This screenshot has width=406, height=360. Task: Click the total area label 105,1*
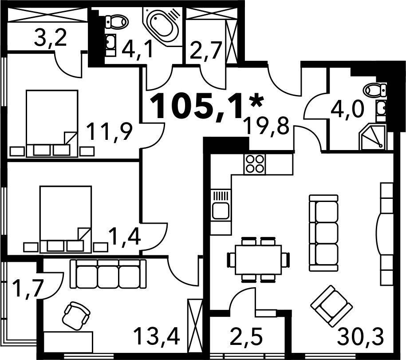207,107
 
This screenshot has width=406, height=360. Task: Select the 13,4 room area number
157,336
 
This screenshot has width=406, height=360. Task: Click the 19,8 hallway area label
267,126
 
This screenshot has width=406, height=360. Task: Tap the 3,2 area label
50,38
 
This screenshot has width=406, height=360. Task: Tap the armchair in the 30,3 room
332,305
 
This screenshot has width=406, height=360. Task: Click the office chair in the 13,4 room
77,316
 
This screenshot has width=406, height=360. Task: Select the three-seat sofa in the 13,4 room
108,274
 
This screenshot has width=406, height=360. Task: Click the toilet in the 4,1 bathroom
117,22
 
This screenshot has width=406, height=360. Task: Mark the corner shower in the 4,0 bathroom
372,137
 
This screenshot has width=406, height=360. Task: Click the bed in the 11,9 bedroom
52,123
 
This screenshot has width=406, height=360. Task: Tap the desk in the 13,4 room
68,342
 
